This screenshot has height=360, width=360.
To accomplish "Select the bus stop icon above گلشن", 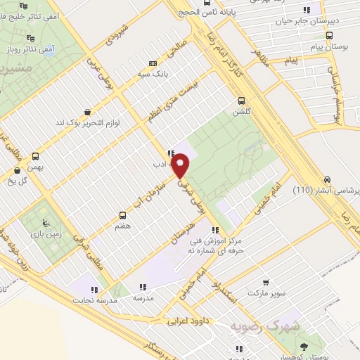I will [242, 101].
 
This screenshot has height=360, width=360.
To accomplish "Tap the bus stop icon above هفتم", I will [122, 215].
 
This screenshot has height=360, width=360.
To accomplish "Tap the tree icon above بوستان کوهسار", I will [304, 347].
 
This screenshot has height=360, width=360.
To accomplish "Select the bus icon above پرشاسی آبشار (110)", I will [328, 179].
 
